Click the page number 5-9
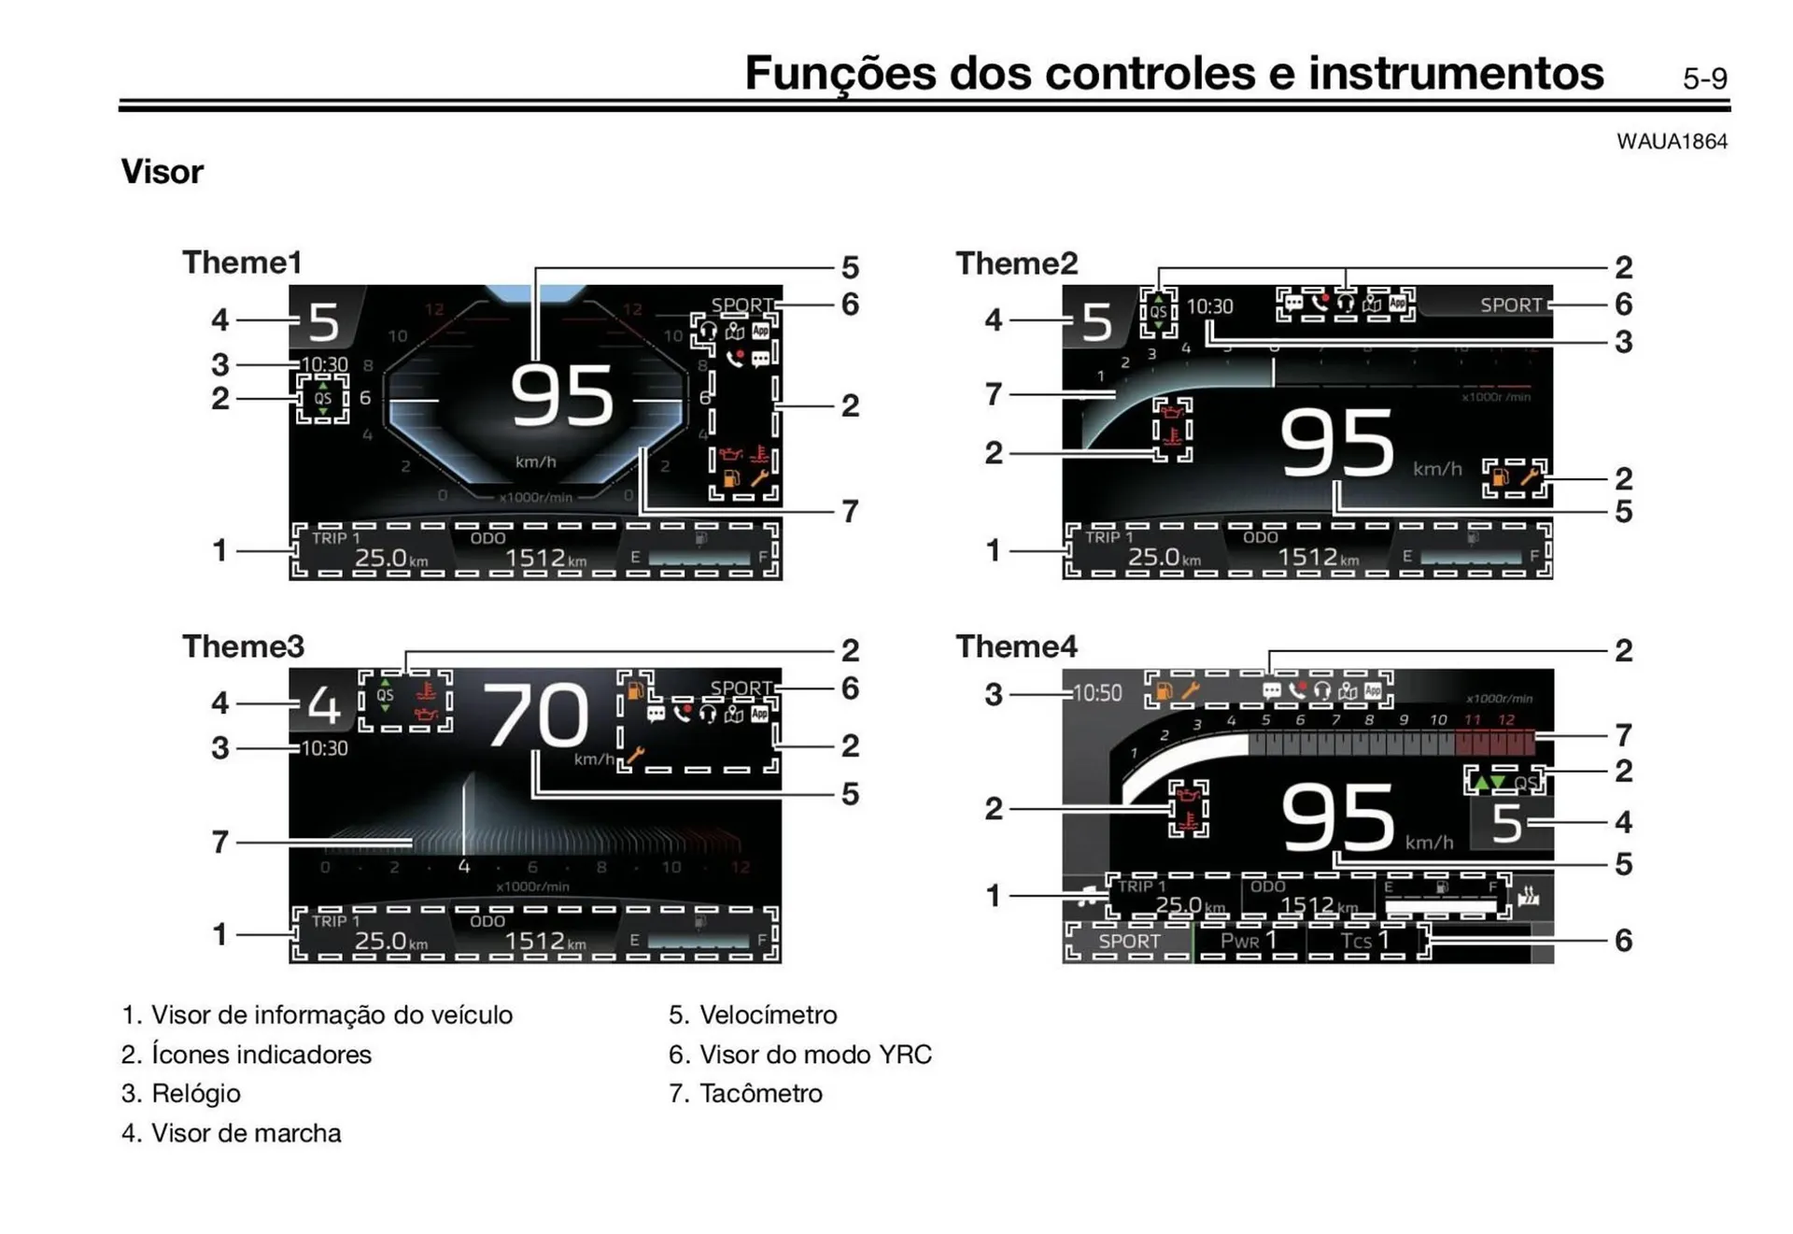1704,79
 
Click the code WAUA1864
1672,142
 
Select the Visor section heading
162,172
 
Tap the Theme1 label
242,262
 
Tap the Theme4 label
1016,646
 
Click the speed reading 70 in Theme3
536,716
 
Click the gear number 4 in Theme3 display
323,705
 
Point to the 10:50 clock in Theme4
1097,693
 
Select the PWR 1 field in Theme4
1249,941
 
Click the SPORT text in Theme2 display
1510,305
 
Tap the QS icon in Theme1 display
323,398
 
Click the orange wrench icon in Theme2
1529,477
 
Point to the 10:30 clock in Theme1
324,364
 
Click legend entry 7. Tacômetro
745,1094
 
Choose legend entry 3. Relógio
181,1094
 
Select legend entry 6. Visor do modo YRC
799,1055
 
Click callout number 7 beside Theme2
994,394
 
